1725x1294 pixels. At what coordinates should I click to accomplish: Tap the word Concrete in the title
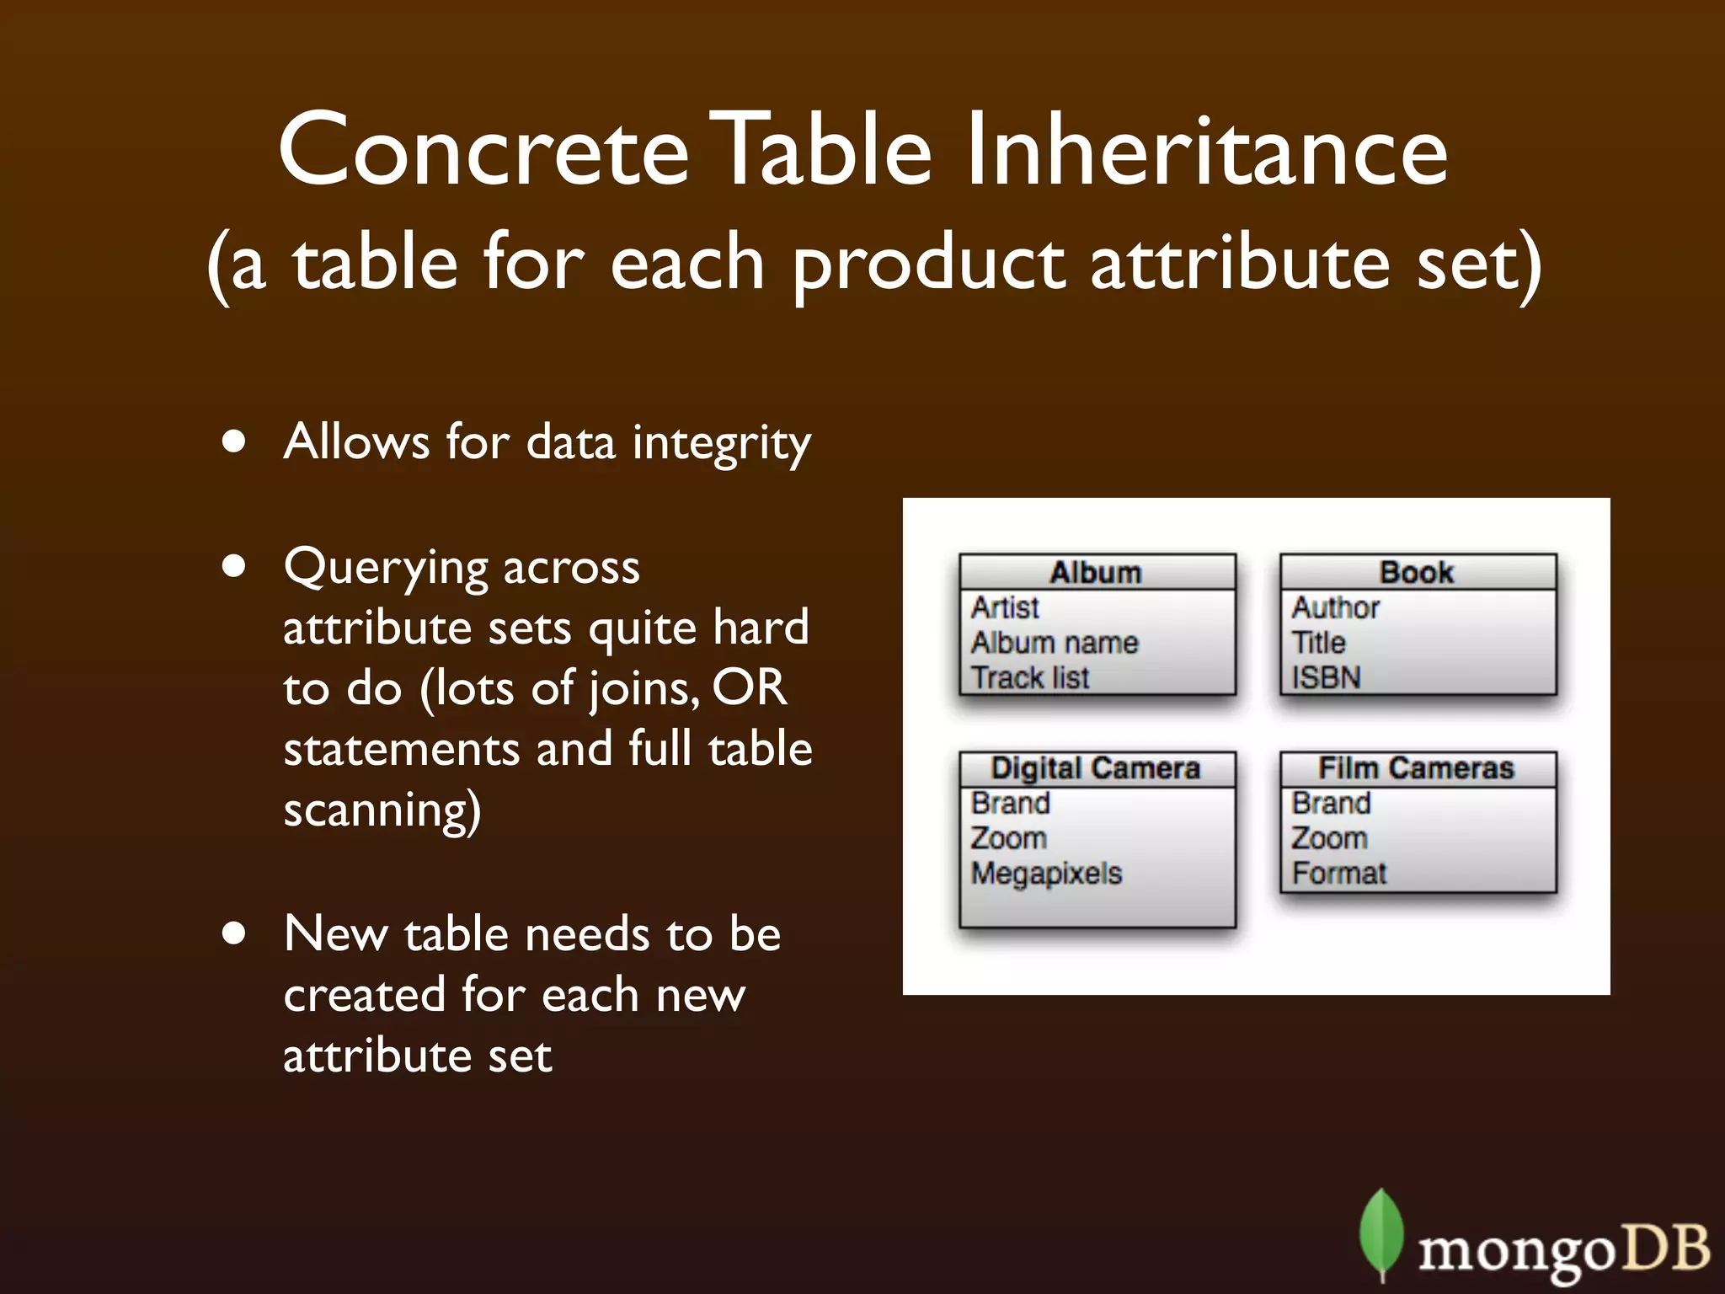(484, 152)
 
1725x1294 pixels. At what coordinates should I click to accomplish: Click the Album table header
(1096, 572)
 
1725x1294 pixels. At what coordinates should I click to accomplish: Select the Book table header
(1417, 572)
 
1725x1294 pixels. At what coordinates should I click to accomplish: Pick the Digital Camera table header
(1096, 768)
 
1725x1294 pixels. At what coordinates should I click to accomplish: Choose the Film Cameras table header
(1417, 768)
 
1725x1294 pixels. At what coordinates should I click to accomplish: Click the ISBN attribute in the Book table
(1326, 677)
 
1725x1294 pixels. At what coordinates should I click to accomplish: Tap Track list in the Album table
(1030, 677)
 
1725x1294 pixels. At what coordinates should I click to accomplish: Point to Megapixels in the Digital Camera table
(1046, 874)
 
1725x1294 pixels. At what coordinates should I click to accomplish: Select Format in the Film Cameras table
(1338, 874)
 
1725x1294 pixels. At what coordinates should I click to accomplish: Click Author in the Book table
(1336, 607)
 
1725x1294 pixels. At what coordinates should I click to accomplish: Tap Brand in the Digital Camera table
(1010, 803)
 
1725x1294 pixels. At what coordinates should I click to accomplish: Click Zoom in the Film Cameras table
(1329, 838)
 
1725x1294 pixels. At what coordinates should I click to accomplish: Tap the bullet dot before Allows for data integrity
(234, 441)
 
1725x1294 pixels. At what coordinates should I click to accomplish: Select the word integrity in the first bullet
(722, 443)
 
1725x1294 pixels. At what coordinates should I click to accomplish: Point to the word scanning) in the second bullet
(382, 810)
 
